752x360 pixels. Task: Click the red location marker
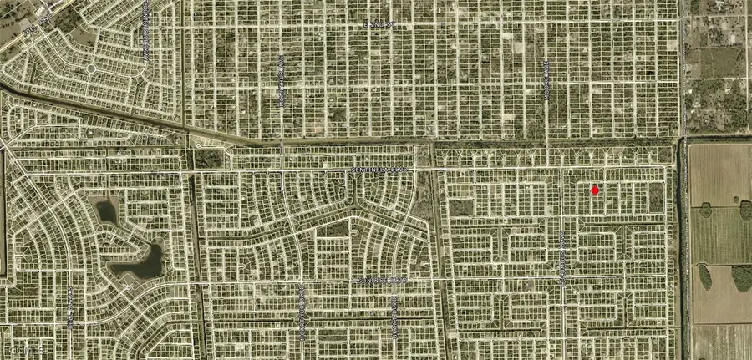(595, 190)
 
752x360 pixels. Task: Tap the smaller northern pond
(107, 212)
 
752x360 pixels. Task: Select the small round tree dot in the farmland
(737, 200)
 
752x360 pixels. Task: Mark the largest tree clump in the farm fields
(741, 277)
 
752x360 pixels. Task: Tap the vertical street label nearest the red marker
(563, 259)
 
